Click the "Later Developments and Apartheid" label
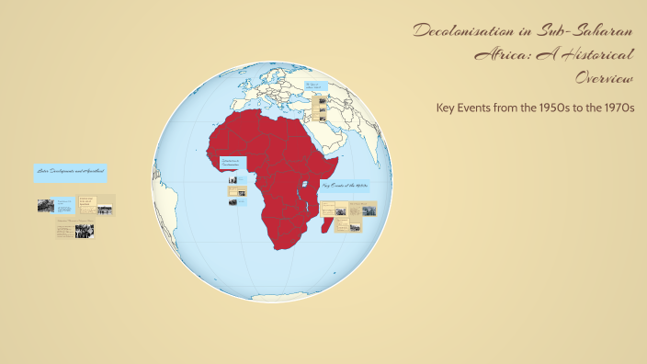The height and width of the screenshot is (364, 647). tap(70, 172)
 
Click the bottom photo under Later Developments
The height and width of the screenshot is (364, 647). tap(85, 231)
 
